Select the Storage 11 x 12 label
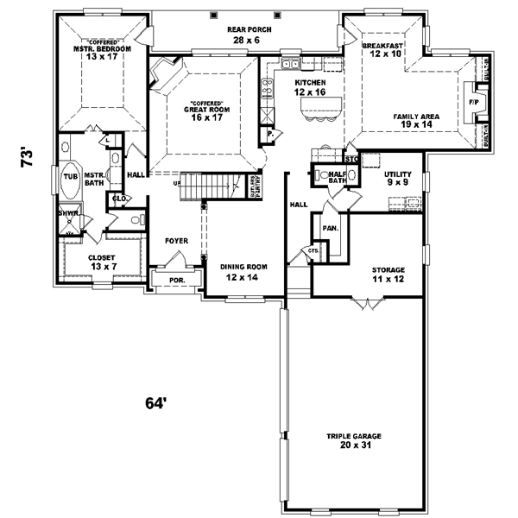388,275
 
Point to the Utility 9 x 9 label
397,179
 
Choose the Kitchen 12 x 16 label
308,86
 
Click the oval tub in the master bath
70,176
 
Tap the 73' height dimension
28,157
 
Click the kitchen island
318,109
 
